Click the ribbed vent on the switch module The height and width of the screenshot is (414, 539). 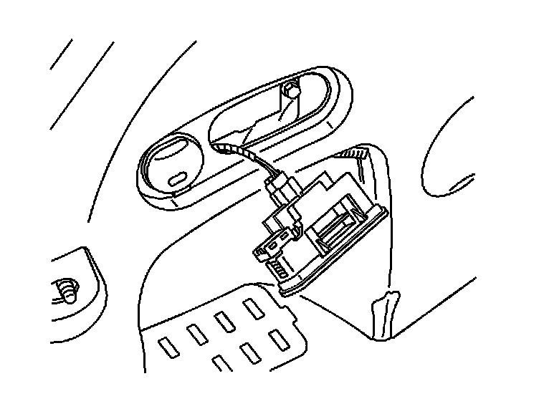(x=280, y=269)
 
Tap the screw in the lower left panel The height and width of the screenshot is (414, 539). (x=66, y=290)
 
